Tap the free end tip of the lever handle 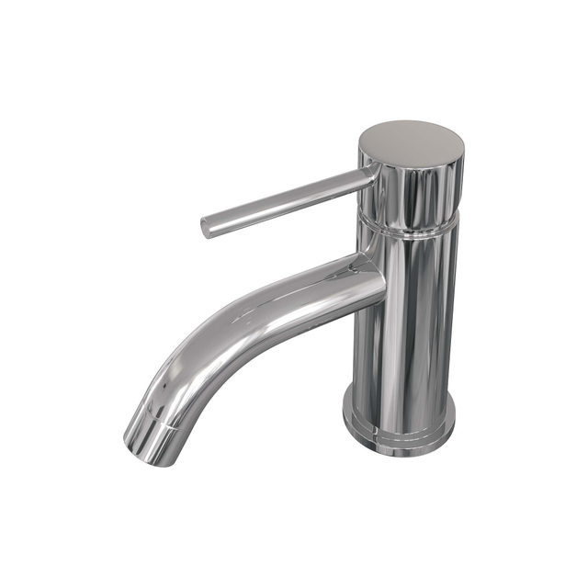[207, 226]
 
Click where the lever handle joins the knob [367, 176]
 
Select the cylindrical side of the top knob [411, 188]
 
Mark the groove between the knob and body [408, 221]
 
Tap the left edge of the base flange [345, 413]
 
